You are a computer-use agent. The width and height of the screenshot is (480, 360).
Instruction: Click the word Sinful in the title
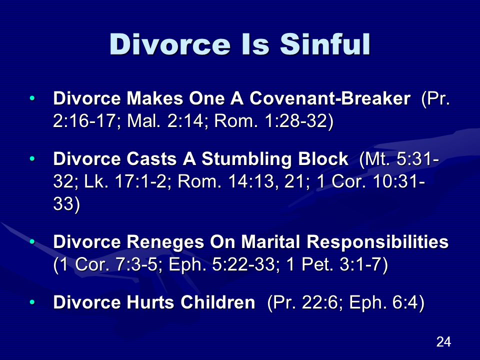tap(325, 44)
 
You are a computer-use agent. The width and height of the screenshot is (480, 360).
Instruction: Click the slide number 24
tap(443, 341)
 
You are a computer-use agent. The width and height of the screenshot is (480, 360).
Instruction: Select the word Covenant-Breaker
tap(330, 98)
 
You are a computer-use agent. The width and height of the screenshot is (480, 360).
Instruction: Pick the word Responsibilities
tap(377, 242)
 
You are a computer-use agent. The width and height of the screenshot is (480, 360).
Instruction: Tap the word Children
tap(217, 302)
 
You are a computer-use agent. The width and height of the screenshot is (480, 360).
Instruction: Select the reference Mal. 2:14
tap(165, 120)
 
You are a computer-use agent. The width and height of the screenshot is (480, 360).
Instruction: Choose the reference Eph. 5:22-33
tap(221, 264)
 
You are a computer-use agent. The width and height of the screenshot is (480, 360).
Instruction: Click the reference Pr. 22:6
tap(306, 302)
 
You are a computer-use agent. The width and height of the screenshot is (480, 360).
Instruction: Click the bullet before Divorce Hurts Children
tap(32, 302)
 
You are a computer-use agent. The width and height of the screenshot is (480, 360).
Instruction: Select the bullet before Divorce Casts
tap(32, 159)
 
